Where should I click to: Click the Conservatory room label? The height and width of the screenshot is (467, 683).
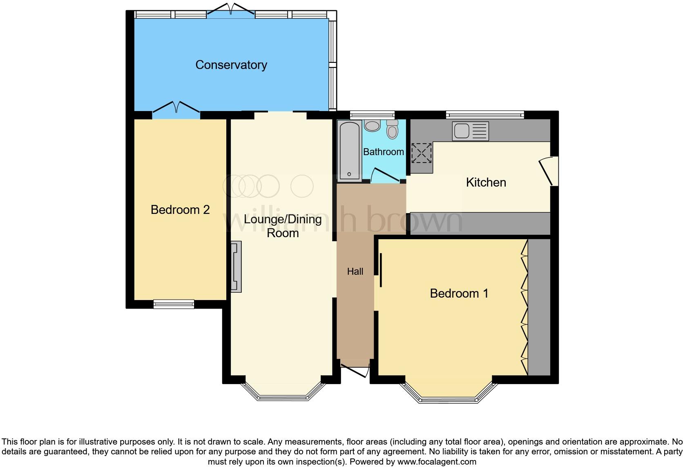[231, 65]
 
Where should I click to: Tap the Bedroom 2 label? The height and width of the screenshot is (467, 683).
[180, 210]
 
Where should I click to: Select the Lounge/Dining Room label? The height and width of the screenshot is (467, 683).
[283, 226]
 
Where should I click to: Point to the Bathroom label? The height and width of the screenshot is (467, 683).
[383, 152]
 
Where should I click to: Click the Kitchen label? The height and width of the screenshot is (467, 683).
[486, 182]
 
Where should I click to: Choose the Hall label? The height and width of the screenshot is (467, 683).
[355, 271]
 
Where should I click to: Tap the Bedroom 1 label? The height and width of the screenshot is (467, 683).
[459, 294]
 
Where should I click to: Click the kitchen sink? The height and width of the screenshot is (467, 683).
[470, 131]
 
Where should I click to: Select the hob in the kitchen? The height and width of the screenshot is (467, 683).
[421, 153]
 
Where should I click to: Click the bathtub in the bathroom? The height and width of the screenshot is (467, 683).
[349, 151]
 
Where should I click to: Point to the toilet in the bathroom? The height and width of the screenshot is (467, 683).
[393, 129]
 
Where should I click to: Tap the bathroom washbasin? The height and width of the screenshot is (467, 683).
[372, 125]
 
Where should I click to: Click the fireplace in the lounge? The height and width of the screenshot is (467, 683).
[236, 267]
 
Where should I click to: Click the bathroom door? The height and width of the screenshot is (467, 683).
[385, 175]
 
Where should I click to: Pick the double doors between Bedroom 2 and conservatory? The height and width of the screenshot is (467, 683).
[176, 108]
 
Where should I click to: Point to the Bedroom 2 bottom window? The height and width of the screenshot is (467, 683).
[174, 304]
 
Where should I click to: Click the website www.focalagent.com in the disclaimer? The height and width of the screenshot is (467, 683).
[437, 462]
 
